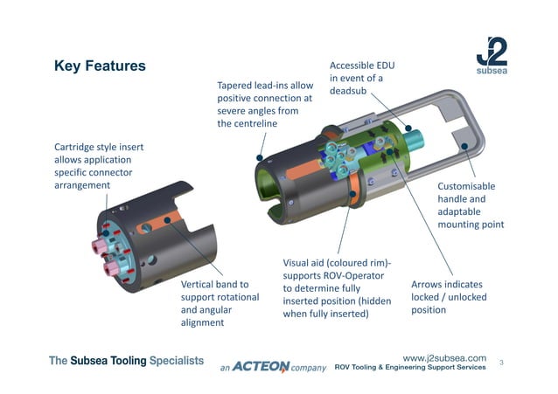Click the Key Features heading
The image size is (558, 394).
[x=100, y=66]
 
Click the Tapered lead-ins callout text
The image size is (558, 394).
[x=264, y=105]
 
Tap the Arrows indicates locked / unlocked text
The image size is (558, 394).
[x=449, y=297]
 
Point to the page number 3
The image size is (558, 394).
[x=502, y=362]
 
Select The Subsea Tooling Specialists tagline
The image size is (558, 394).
[x=126, y=360]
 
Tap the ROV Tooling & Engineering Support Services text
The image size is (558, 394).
[x=410, y=368]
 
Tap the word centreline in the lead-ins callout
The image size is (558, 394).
[x=247, y=124]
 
